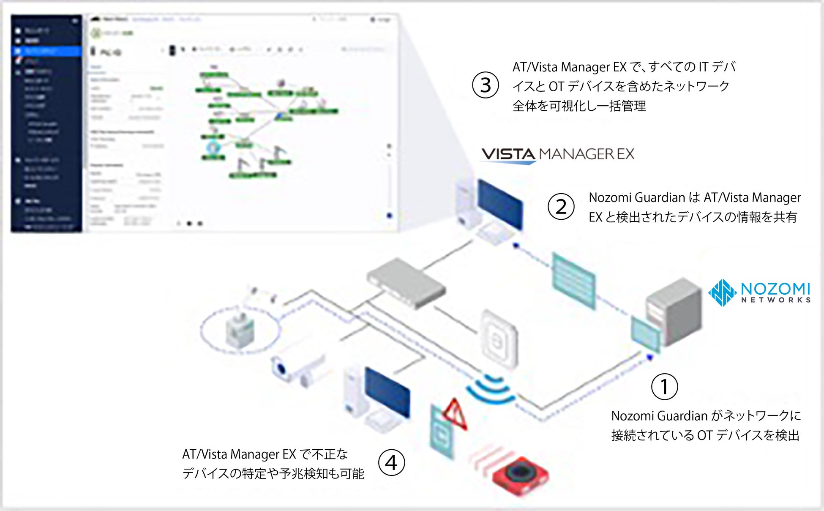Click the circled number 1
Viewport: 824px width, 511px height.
[664, 386]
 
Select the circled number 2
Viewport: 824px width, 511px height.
[561, 207]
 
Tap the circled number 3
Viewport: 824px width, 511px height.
[485, 85]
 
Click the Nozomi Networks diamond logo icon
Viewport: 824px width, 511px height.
[723, 292]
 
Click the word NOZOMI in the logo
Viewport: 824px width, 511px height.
[775, 289]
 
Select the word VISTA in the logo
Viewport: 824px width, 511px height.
[508, 154]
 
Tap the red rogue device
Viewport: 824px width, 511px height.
[520, 476]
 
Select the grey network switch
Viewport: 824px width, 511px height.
[405, 283]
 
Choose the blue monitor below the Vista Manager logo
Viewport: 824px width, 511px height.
[500, 204]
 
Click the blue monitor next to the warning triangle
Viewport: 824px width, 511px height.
[387, 392]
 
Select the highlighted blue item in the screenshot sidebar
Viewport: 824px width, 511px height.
[46, 51]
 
